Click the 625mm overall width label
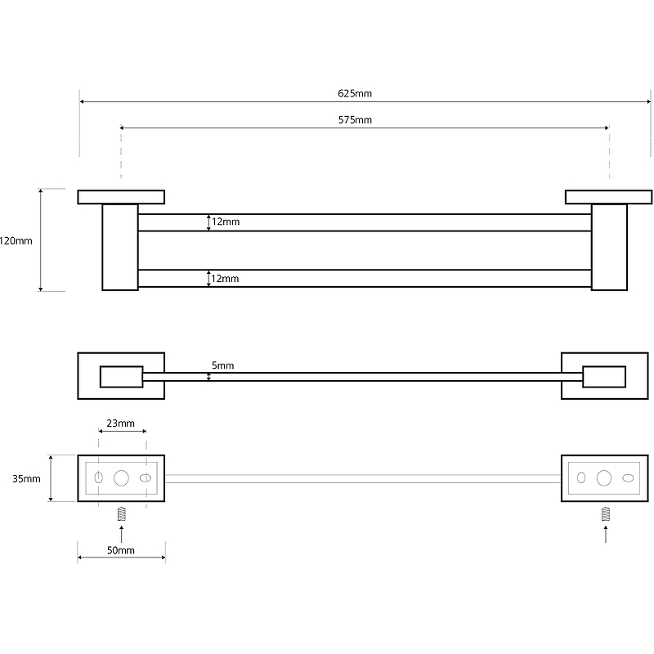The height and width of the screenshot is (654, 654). pyautogui.click(x=355, y=93)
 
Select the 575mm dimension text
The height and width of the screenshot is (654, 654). pyautogui.click(x=355, y=120)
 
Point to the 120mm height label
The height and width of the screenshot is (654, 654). pyautogui.click(x=16, y=240)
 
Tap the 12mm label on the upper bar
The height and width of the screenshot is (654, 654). pyautogui.click(x=226, y=222)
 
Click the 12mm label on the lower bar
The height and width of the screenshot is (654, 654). pyautogui.click(x=226, y=279)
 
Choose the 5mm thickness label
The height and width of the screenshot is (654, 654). pyautogui.click(x=222, y=365)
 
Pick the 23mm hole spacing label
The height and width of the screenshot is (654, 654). pyautogui.click(x=120, y=423)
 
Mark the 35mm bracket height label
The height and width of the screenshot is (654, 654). pyautogui.click(x=26, y=478)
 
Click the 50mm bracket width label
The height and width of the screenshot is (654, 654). pyautogui.click(x=120, y=550)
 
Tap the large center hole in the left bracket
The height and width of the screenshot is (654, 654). pyautogui.click(x=121, y=478)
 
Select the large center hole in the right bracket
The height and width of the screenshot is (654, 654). pyautogui.click(x=604, y=478)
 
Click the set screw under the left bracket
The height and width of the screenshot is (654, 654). pyautogui.click(x=121, y=514)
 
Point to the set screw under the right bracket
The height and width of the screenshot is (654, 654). pyautogui.click(x=606, y=514)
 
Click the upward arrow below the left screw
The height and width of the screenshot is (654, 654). pyautogui.click(x=121, y=534)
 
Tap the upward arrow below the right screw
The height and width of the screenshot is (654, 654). pyautogui.click(x=606, y=534)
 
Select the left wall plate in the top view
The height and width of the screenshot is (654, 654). pyautogui.click(x=121, y=197)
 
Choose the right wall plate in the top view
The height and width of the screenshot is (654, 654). pyautogui.click(x=608, y=197)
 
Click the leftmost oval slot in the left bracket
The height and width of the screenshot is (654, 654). pyautogui.click(x=98, y=477)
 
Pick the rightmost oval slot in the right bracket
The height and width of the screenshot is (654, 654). pyautogui.click(x=628, y=478)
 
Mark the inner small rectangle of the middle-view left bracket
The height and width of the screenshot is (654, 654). pyautogui.click(x=121, y=377)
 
